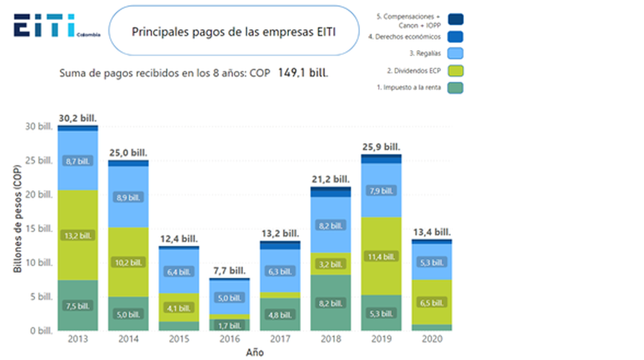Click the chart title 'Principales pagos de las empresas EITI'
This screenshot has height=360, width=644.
[x=234, y=31]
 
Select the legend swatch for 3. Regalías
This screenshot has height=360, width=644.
[x=456, y=53]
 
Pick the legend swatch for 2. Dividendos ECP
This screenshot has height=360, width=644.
[x=456, y=70]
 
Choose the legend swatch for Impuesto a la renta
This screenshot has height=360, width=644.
[x=456, y=88]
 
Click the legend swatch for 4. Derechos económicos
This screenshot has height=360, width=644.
[x=456, y=37]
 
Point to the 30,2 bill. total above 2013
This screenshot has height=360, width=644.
[x=78, y=118]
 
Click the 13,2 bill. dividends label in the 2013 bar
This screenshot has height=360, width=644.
[x=78, y=235]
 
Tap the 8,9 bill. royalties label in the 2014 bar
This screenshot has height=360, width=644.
[x=127, y=197]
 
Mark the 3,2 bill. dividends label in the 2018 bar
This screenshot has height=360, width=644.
[x=331, y=264]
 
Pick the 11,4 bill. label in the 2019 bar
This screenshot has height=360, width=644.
[x=381, y=257]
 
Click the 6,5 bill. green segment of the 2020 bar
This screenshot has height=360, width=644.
[x=432, y=302]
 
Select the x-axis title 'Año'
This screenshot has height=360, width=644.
[x=254, y=352]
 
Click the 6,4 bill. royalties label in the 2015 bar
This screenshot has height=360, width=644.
[x=178, y=271]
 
